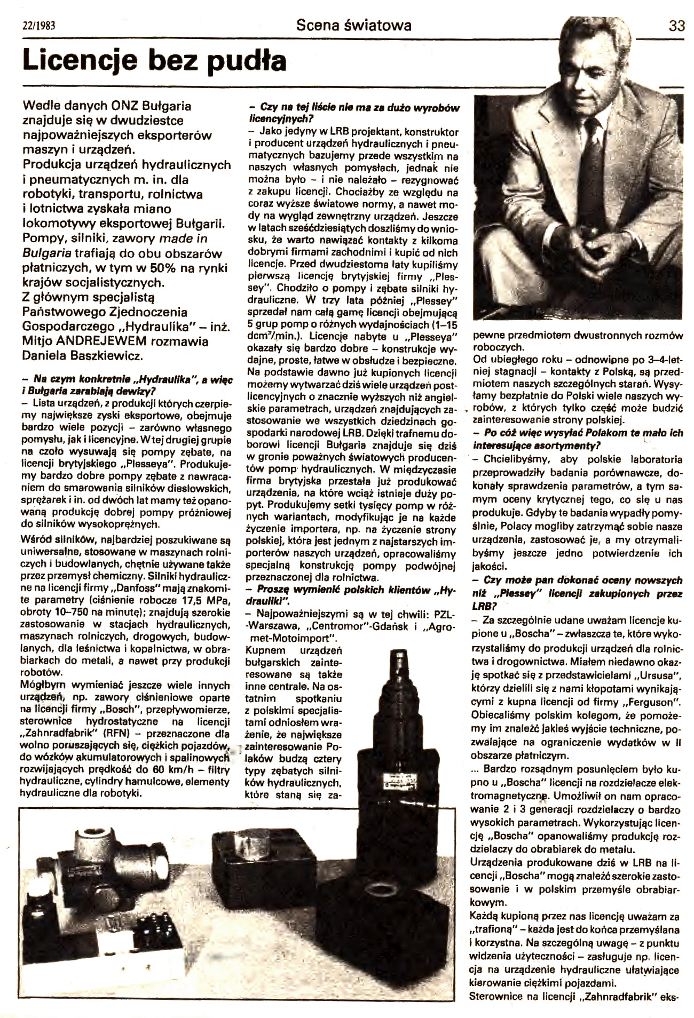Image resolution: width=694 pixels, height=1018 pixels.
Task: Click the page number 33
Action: point(676,26)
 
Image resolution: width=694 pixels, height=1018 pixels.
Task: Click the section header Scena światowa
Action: point(354,25)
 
